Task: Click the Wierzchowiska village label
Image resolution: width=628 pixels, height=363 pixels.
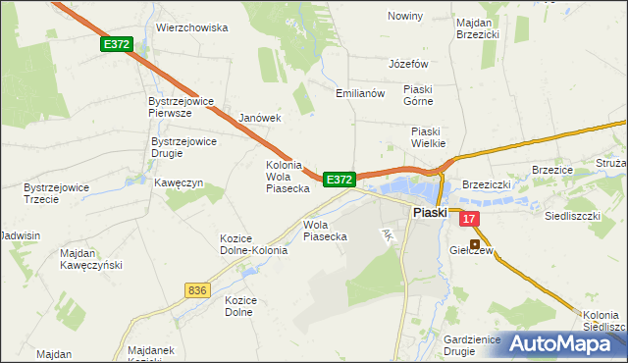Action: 191,28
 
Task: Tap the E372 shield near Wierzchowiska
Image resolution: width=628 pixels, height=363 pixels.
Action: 116,45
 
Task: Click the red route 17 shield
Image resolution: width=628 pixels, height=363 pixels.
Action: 469,220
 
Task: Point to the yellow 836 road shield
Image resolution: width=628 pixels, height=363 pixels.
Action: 196,289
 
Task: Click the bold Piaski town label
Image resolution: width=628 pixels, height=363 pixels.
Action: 429,212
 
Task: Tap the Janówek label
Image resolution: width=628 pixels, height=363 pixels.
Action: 260,118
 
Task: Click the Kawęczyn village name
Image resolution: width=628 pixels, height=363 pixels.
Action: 178,182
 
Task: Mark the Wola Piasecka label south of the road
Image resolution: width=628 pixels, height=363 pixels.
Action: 325,230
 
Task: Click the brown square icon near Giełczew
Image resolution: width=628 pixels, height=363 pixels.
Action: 476,244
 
